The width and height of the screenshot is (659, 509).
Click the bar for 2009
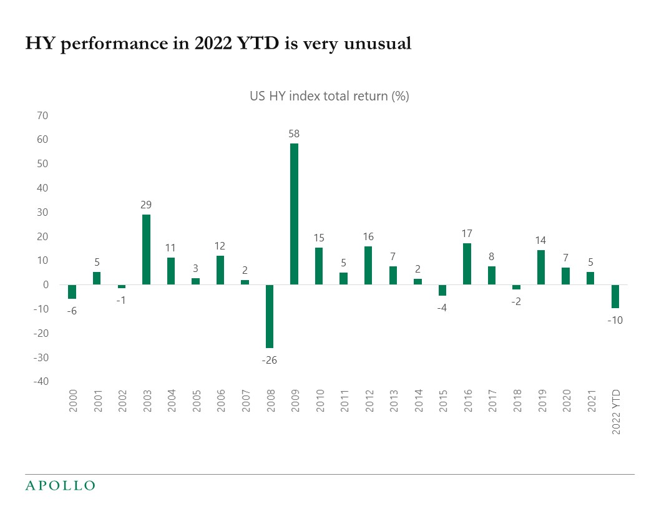coord(294,214)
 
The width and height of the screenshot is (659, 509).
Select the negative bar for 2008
coord(270,316)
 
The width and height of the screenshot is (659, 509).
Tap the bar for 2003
coord(146,250)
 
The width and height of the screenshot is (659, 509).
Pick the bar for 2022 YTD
coord(615,296)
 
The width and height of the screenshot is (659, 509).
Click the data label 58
coord(294,133)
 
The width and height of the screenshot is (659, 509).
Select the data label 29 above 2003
coord(146,205)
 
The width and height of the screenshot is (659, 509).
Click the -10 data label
coord(615,320)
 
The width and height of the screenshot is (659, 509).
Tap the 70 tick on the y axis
coord(43,115)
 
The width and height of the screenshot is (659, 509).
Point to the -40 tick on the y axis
coord(41,382)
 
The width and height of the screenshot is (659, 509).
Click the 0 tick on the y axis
coord(46,285)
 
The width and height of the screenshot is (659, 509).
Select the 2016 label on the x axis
coord(467,402)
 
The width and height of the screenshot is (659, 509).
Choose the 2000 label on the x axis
coord(72,402)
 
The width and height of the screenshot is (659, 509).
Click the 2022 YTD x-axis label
coord(616,412)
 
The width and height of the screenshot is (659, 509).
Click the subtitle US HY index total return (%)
coord(329,96)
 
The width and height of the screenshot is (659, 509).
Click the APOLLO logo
coord(60,485)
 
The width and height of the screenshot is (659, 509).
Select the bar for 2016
coord(467,264)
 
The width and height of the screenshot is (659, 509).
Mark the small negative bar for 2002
coord(122,286)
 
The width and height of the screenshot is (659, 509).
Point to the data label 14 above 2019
coord(541,240)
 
